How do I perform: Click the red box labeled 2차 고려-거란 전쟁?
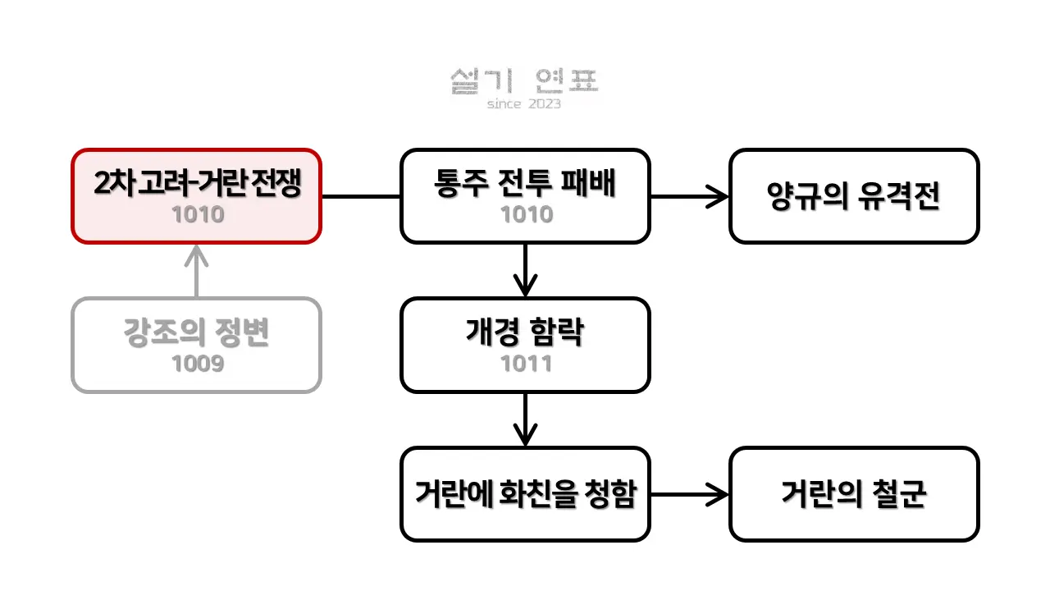tap(196, 196)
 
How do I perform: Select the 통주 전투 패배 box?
tap(525, 196)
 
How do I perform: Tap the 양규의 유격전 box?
tap(854, 196)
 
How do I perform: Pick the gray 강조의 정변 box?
tap(196, 346)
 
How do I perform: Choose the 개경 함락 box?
tap(525, 346)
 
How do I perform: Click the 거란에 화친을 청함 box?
tap(525, 494)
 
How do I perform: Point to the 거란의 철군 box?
tap(854, 494)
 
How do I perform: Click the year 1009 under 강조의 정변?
tap(198, 364)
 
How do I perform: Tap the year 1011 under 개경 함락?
tap(526, 364)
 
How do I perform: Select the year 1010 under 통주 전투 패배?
tap(527, 214)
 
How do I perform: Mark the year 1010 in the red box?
tap(198, 214)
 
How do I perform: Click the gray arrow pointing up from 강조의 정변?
tap(196, 271)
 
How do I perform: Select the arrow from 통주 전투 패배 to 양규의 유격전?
tap(690, 196)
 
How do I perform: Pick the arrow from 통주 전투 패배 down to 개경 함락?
tap(526, 271)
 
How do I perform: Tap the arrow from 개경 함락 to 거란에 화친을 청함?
tap(526, 419)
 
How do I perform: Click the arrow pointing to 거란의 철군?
tap(690, 494)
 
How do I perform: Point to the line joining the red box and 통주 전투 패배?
tap(361, 196)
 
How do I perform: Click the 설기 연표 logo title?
tap(524, 81)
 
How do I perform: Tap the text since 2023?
tap(524, 103)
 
